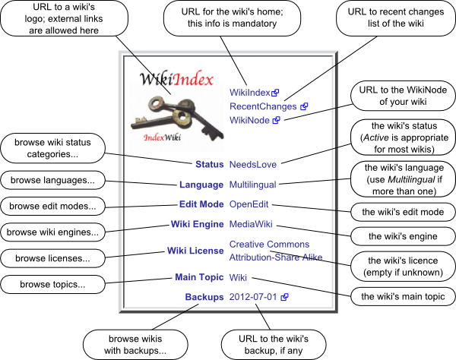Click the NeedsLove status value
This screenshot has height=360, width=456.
pos(253,165)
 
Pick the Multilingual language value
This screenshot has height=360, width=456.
pos(253,185)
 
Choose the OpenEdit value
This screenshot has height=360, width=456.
pos(249,204)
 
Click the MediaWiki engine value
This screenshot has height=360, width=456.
pos(251,224)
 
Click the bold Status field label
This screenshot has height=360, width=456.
pos(210,165)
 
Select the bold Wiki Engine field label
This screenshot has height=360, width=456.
pos(197,224)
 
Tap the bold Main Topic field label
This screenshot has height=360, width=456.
pos(199,277)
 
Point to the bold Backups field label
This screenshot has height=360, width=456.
pos(204,297)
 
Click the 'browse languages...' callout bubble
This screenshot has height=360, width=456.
pos(52,180)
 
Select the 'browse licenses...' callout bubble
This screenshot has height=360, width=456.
pos(52,258)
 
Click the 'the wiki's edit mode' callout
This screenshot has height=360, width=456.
pos(403,212)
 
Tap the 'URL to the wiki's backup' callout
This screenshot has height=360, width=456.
pos(274,345)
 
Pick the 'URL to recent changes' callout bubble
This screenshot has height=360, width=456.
pos(396,17)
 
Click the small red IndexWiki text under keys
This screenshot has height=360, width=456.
pos(162,137)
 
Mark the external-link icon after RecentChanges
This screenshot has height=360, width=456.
pos(304,106)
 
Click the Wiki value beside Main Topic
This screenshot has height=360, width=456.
pos(238,277)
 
